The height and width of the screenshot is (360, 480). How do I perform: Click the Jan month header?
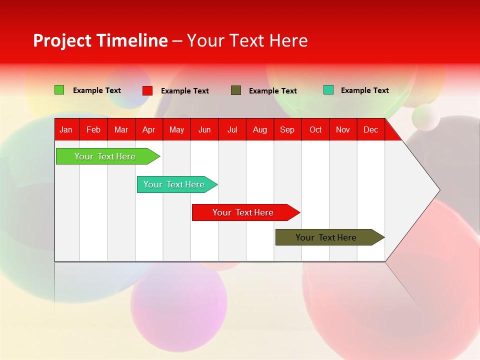[x=66, y=129]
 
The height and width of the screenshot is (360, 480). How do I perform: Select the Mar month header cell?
[x=121, y=129]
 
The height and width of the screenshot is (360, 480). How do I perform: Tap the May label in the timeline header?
[x=176, y=129]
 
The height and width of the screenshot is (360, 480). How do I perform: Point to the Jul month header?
[x=232, y=129]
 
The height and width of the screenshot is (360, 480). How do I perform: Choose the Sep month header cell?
[x=287, y=129]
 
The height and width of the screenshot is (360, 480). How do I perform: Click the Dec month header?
[x=370, y=129]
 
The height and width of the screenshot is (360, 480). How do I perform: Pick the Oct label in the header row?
[x=315, y=129]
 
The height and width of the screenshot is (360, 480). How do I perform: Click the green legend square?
[x=59, y=90]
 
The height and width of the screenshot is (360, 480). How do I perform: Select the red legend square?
[x=147, y=90]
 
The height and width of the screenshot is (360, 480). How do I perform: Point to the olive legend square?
[x=236, y=90]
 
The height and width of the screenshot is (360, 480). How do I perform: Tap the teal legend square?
[x=328, y=90]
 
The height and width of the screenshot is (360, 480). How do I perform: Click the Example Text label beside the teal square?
[x=364, y=90]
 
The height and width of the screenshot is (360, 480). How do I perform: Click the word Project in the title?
[x=62, y=40]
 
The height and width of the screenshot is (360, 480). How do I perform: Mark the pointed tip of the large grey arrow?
[x=439, y=190]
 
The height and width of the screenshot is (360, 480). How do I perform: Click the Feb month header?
[x=93, y=129]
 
